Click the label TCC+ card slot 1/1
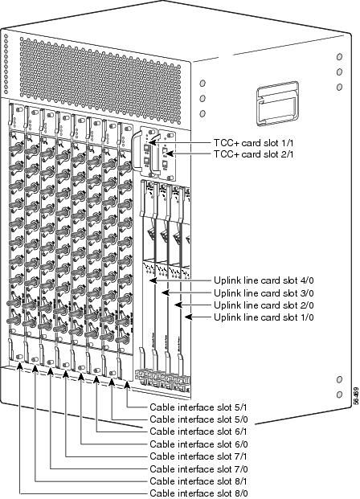point(253,143)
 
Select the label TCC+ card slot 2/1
point(253,154)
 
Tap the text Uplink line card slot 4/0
point(264,280)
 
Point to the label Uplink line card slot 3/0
point(264,292)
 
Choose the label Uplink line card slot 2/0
point(264,305)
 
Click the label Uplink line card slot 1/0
point(264,317)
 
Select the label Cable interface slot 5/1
point(198,407)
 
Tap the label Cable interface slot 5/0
point(198,419)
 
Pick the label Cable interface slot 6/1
point(198,432)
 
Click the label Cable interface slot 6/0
point(198,444)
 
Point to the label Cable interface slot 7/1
point(198,456)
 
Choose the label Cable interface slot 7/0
point(198,469)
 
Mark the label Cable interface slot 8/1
point(198,481)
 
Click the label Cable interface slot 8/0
point(198,493)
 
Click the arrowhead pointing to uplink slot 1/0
point(188,317)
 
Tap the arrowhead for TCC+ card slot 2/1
point(170,154)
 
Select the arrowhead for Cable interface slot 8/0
point(20,366)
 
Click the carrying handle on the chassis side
point(277,104)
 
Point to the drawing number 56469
point(356,395)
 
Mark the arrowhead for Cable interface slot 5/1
point(127,386)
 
